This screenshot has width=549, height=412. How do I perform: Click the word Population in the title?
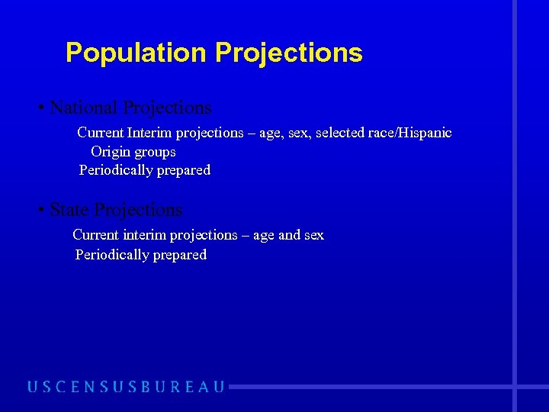coord(136,53)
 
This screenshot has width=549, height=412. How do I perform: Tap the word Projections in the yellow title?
coord(289,53)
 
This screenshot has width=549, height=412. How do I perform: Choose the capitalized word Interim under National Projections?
coord(149,133)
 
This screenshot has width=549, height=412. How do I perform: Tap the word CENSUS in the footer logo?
coord(84,387)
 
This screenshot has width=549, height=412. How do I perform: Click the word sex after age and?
coord(313,235)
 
